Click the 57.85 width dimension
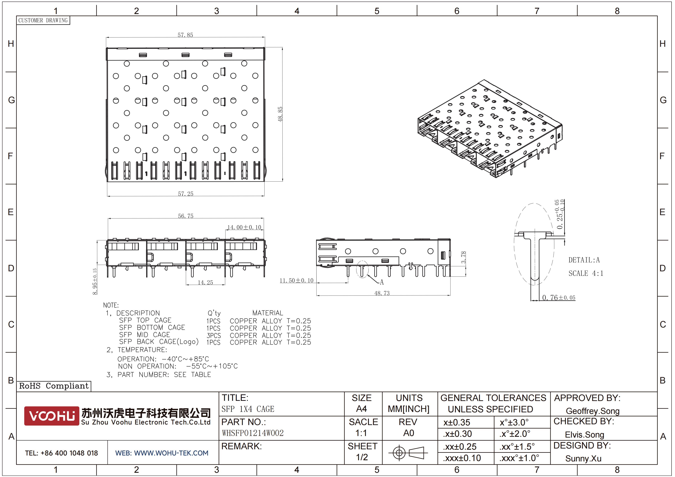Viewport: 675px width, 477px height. click(185, 35)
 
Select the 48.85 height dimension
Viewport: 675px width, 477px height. click(280, 114)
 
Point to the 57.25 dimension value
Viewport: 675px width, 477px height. click(185, 194)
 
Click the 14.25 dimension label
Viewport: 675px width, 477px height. click(205, 282)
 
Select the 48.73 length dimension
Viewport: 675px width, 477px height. click(382, 293)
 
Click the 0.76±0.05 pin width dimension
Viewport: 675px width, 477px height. click(559, 297)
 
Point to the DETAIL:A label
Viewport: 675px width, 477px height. click(584, 260)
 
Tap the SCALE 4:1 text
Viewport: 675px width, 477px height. click(586, 273)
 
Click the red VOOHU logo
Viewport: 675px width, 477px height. click(52, 416)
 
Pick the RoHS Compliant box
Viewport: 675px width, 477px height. click(54, 386)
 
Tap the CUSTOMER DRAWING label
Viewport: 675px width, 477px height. click(43, 20)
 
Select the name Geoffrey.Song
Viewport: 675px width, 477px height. click(592, 411)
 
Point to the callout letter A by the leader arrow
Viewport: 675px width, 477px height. click(382, 282)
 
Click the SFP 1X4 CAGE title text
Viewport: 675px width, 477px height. click(248, 409)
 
